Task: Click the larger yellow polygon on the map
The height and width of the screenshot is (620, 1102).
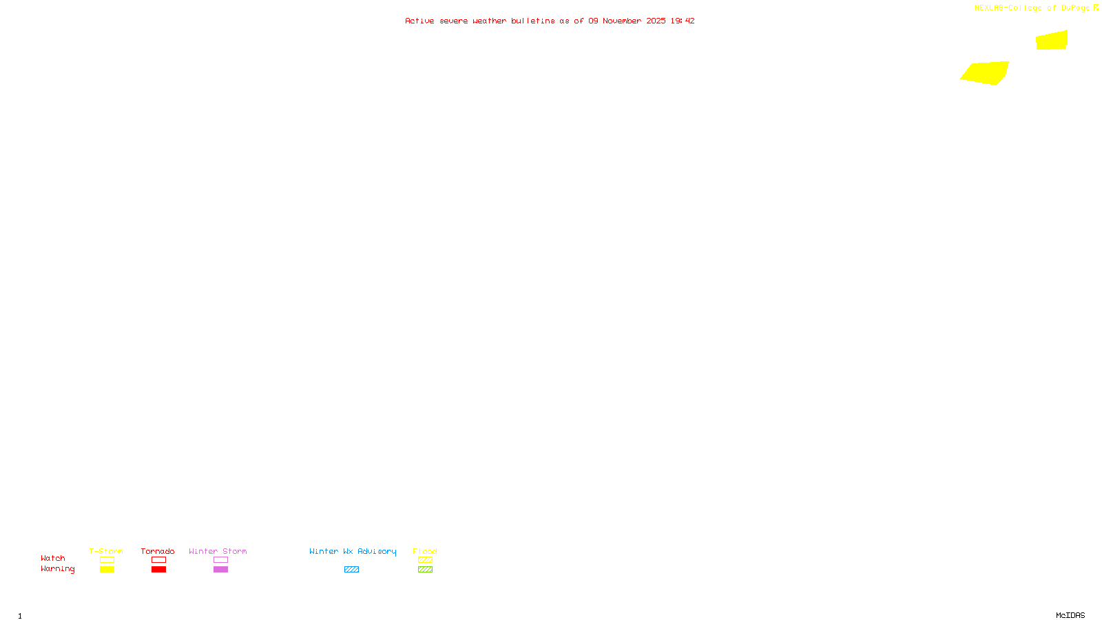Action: [x=986, y=72]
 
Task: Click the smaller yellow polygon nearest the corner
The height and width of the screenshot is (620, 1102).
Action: [x=1052, y=40]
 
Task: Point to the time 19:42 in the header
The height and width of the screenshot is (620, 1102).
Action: [x=683, y=21]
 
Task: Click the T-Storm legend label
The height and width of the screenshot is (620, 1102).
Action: [x=106, y=551]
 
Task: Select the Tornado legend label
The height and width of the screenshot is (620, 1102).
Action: [x=158, y=551]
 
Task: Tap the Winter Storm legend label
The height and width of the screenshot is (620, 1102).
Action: [x=218, y=551]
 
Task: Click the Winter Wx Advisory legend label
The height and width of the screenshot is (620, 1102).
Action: [x=353, y=551]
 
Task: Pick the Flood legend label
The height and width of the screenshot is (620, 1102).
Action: [x=425, y=551]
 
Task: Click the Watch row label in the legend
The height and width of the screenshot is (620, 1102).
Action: [x=53, y=558]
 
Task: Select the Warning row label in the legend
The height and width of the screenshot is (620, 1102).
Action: [x=58, y=569]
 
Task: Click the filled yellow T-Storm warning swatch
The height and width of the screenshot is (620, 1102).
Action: [x=107, y=570]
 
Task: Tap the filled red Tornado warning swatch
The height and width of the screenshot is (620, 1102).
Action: [x=158, y=570]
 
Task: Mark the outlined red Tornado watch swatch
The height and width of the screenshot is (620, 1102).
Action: [x=158, y=560]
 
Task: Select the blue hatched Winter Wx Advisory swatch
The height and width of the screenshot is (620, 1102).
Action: [x=351, y=570]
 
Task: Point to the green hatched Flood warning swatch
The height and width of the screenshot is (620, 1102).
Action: [x=425, y=570]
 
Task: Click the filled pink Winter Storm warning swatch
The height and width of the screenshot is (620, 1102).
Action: [x=220, y=570]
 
